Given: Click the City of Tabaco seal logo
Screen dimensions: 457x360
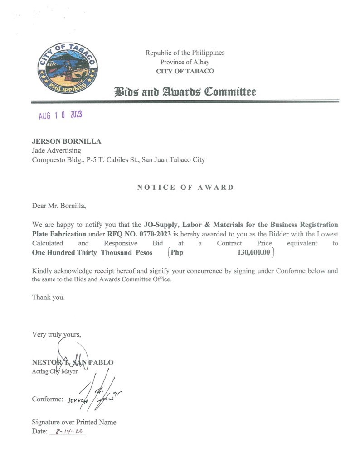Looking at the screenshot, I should point(68,68).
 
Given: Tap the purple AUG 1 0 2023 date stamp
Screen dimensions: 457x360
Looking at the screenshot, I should point(60,115).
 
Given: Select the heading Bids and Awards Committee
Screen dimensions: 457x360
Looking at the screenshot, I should point(185,92).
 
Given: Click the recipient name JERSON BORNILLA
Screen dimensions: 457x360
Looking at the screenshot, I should point(66,141).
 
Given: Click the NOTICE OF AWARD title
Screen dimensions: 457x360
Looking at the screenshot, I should point(185,188).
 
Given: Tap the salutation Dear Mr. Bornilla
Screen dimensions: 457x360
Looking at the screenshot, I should point(58,206).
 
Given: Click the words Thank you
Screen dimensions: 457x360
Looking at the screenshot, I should point(49,298).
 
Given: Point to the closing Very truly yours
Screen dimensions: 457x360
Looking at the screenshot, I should point(57,335).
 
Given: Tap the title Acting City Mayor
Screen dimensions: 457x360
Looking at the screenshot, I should point(55,372).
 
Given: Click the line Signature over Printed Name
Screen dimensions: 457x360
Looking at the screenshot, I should point(74,422).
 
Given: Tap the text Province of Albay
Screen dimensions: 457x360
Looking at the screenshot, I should point(185,62).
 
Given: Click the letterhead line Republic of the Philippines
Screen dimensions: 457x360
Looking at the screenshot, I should point(185,53).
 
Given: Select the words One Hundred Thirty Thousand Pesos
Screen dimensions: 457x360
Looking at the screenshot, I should point(92,253).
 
